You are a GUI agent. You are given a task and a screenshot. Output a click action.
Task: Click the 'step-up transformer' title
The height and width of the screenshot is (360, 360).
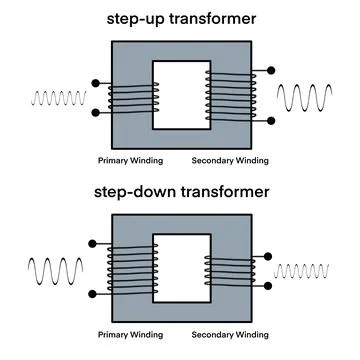179,18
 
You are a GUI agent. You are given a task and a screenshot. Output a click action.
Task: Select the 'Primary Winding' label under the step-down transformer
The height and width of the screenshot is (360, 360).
125,331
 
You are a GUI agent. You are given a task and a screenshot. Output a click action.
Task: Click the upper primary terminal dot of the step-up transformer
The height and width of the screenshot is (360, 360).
95,83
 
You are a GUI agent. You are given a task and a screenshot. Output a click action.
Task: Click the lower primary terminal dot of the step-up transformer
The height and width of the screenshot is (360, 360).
95,112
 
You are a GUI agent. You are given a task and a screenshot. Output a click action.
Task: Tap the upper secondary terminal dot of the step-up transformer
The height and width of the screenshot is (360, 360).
269,70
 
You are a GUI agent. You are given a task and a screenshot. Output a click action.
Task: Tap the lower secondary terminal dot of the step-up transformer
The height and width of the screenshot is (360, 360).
269,121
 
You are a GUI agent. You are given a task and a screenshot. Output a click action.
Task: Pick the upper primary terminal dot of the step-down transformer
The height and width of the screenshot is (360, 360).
94,241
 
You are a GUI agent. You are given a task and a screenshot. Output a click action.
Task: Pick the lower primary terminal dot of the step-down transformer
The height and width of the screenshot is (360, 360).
94,294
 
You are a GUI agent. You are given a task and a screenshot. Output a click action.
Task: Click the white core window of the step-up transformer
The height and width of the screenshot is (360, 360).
180,97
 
